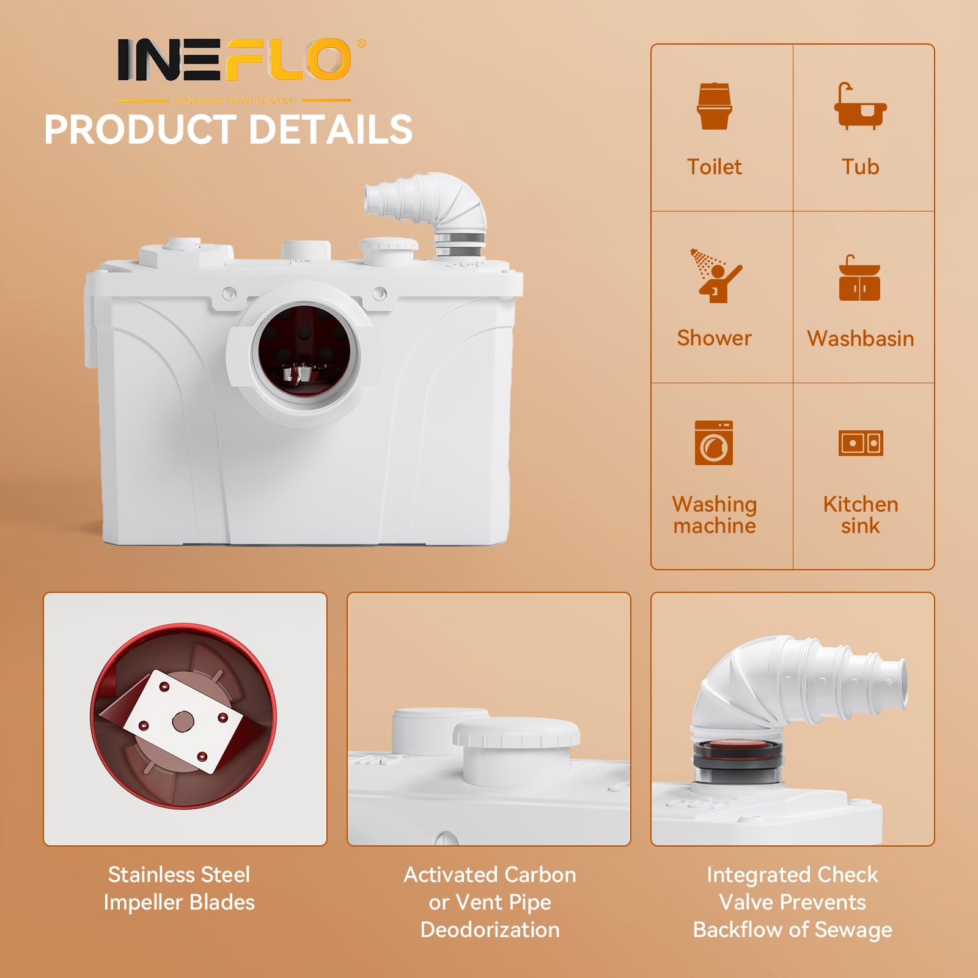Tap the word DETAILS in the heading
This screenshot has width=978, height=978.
tap(331, 130)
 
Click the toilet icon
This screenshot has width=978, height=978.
tap(714, 106)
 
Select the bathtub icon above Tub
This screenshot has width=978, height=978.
tap(860, 106)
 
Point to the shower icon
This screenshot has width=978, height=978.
tap(715, 275)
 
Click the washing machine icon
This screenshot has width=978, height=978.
tap(714, 443)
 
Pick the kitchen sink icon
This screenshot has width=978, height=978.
tap(861, 443)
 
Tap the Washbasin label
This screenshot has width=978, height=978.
tap(861, 339)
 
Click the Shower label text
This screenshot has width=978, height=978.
tap(715, 338)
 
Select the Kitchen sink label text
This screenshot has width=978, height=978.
tap(861, 515)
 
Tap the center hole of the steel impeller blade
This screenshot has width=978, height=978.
tap(183, 721)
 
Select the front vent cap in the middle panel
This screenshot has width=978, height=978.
tap(517, 752)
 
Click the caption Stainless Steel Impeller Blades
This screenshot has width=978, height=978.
tap(179, 888)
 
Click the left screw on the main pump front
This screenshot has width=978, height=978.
tap(229, 293)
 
